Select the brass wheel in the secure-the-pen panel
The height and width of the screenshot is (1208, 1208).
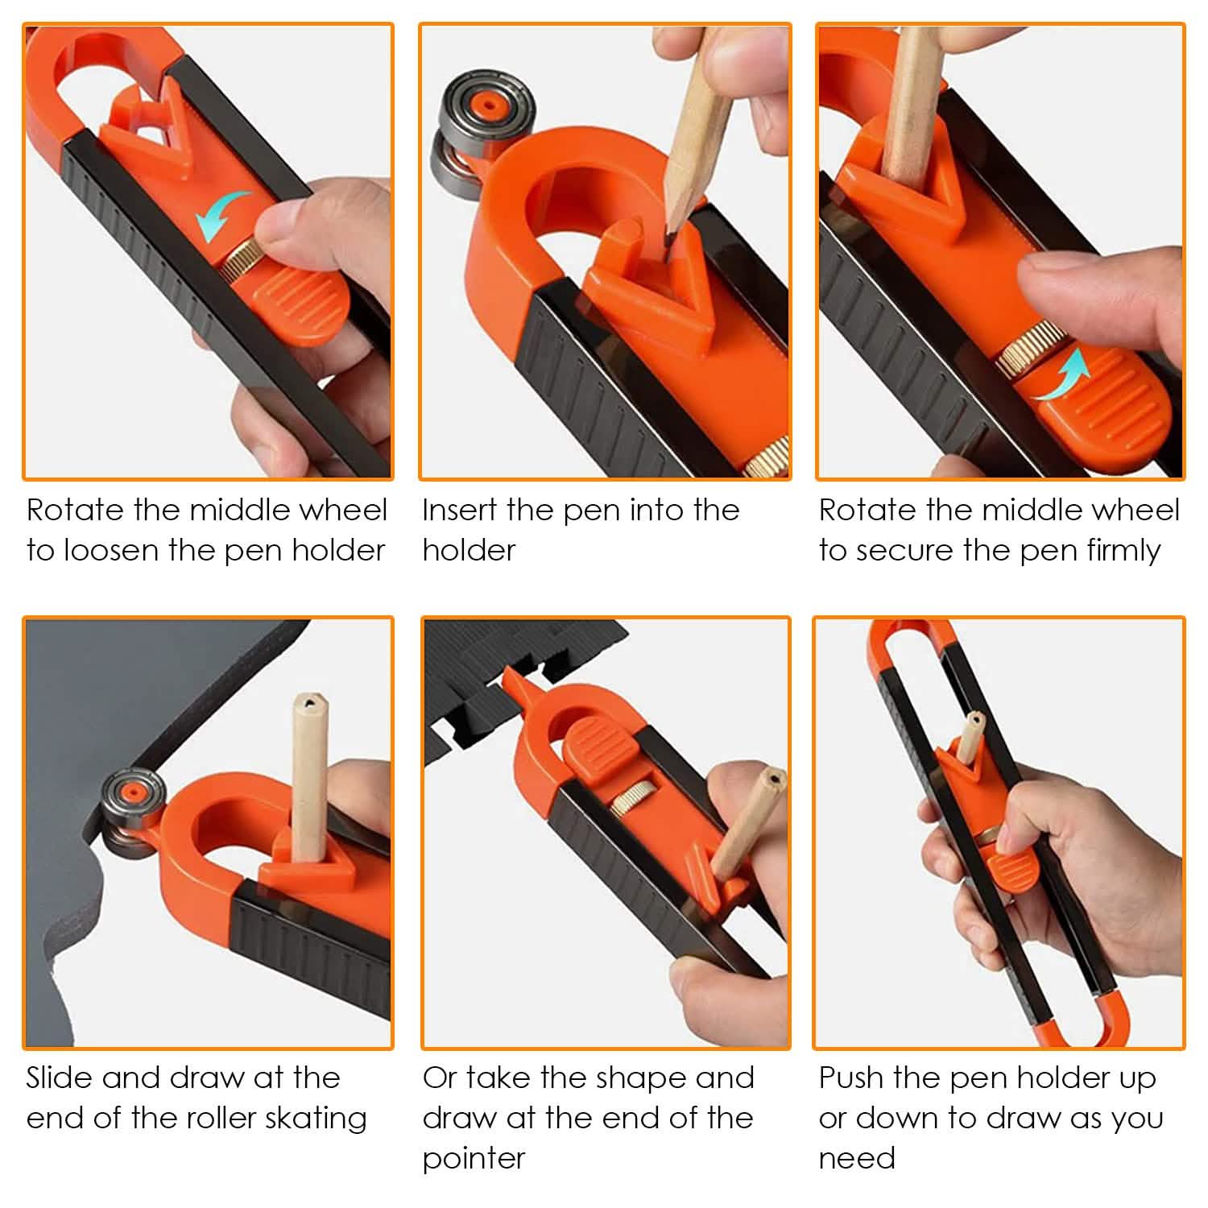point(1016,347)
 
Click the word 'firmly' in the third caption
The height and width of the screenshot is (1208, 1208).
point(1123,551)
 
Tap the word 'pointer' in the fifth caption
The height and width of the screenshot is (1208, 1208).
point(474,1159)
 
